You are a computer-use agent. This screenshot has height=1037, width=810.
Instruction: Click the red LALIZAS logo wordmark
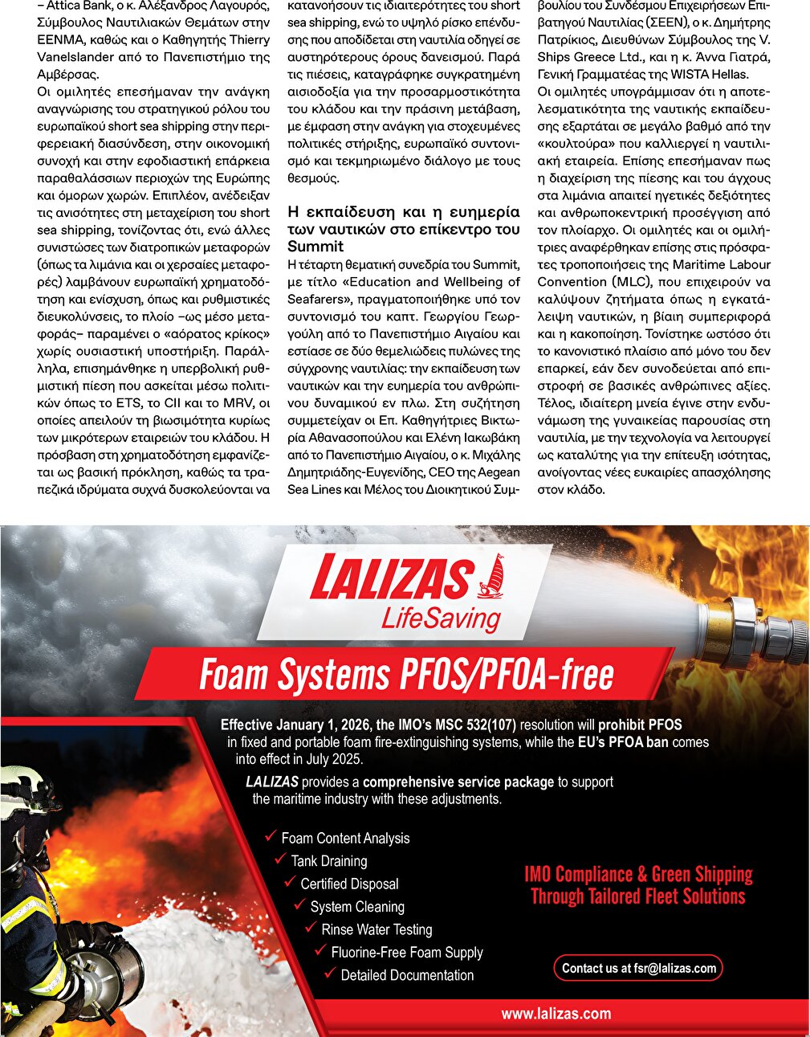click(x=390, y=578)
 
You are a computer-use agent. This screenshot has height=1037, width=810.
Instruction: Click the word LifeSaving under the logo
click(x=441, y=619)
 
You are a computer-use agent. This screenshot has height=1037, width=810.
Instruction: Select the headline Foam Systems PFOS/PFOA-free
click(x=406, y=675)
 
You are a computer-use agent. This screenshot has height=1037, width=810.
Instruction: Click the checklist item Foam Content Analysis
click(x=345, y=838)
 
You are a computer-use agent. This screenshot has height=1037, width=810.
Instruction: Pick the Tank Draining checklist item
click(x=328, y=861)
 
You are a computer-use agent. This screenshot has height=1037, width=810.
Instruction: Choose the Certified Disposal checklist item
click(x=349, y=884)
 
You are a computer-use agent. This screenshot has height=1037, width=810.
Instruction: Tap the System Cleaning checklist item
click(x=357, y=907)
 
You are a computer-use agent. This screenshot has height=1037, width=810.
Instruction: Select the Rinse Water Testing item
click(x=377, y=929)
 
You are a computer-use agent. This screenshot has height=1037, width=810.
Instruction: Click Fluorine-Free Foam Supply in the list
click(x=407, y=953)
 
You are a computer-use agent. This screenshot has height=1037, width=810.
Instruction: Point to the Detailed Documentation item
click(x=407, y=975)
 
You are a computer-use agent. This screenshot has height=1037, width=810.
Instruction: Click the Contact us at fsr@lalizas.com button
click(x=638, y=968)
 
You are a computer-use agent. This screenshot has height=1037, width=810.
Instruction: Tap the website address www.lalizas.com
click(x=556, y=1014)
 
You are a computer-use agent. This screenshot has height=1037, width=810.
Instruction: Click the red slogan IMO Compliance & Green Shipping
click(x=638, y=874)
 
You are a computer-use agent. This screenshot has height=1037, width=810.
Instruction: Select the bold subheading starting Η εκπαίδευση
click(x=404, y=229)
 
